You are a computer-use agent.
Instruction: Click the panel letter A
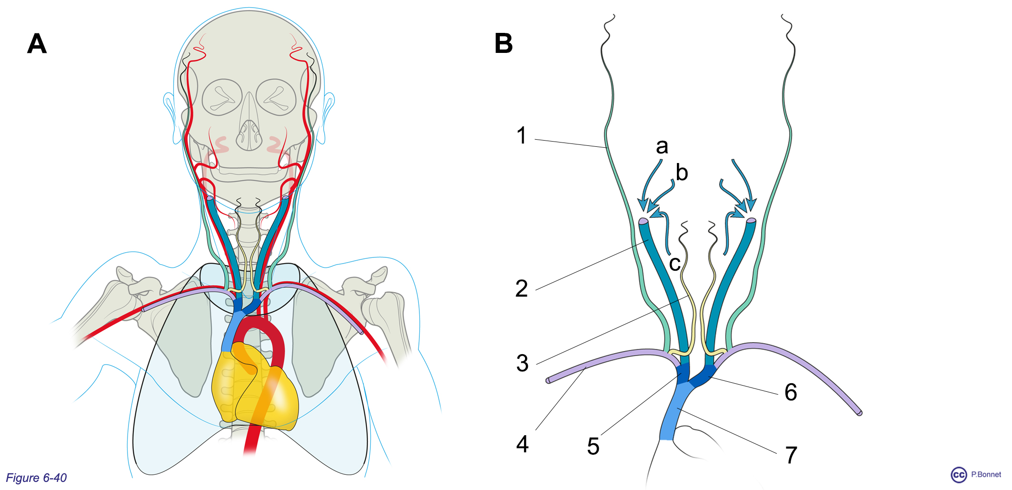point(37,44)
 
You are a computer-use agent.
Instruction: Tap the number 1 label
point(522,135)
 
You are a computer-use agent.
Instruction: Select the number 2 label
point(522,289)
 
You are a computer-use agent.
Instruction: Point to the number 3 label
point(522,363)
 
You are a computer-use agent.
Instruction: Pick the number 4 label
point(522,444)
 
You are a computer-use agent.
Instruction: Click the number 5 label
point(593,447)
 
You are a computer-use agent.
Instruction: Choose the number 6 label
point(791,392)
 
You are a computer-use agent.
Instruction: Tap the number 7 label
point(791,455)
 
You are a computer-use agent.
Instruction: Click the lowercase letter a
point(662,146)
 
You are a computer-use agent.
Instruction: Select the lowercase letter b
point(682,173)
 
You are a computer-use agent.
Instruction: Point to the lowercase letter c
point(675,264)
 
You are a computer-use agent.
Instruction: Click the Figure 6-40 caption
point(36,478)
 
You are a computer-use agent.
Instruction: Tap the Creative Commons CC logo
point(959,475)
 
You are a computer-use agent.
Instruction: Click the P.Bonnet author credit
point(986,475)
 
